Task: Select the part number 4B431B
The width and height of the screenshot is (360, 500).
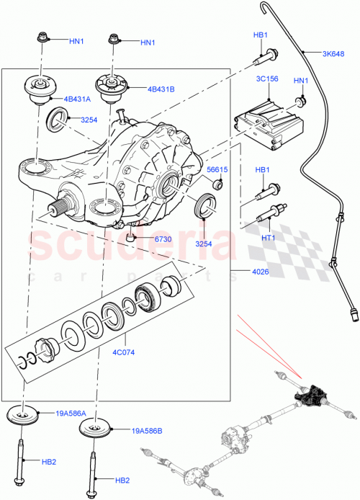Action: [x=163, y=90]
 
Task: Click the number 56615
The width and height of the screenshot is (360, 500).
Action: [x=217, y=171]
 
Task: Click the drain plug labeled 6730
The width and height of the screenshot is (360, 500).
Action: [x=130, y=236]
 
